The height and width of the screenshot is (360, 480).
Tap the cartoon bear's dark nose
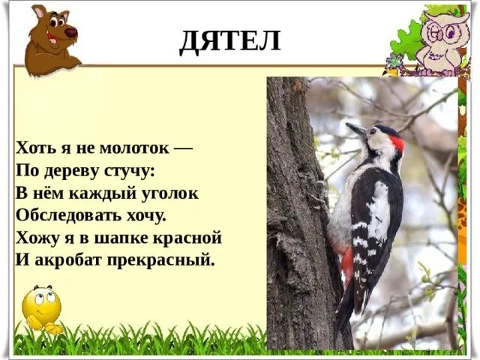click(72, 32)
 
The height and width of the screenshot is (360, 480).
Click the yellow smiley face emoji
click(41, 307)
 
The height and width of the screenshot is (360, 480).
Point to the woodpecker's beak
click(355, 129)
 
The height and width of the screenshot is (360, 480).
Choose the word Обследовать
click(68, 216)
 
